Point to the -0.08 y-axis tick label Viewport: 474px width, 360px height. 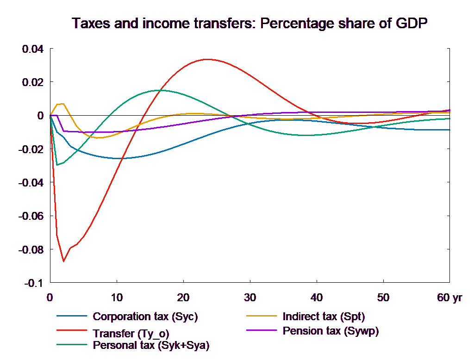(x=31, y=250)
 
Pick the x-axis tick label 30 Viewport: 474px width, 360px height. (x=250, y=298)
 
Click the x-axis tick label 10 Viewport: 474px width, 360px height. (x=117, y=298)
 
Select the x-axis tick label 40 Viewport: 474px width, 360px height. (x=317, y=298)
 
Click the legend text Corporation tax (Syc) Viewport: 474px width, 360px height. (x=145, y=317)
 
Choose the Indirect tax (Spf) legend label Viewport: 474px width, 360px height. (x=324, y=317)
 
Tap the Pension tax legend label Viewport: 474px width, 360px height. (x=331, y=331)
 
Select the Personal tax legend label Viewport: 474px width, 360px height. (x=151, y=345)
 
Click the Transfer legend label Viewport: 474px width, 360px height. (x=134, y=333)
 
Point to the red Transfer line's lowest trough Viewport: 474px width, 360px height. (x=63, y=261)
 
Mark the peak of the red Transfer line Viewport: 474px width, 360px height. (x=207, y=59)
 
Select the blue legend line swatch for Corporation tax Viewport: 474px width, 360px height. (x=72, y=317)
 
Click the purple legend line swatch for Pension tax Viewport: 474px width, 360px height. (x=262, y=330)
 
